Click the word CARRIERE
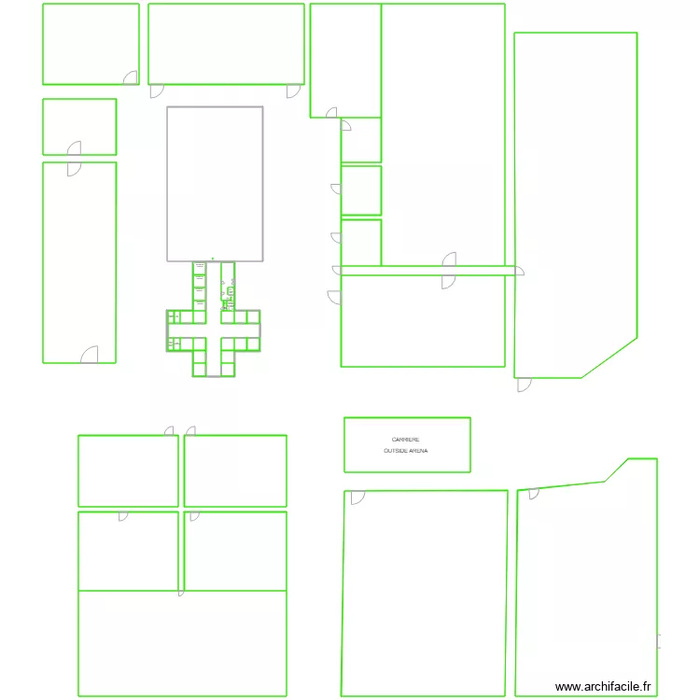406,440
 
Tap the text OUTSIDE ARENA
406,451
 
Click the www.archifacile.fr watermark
603,687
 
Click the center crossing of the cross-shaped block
213,329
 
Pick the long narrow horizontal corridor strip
428,272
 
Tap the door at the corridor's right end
520,272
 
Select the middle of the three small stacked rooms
361,190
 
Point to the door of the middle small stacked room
336,189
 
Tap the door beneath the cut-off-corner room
524,384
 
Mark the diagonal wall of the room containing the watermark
616,469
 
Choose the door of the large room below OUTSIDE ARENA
357,497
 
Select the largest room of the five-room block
182,643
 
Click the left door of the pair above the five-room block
169,431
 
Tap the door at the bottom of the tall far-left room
90,355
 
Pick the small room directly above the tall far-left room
79,126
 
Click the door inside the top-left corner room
131,77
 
